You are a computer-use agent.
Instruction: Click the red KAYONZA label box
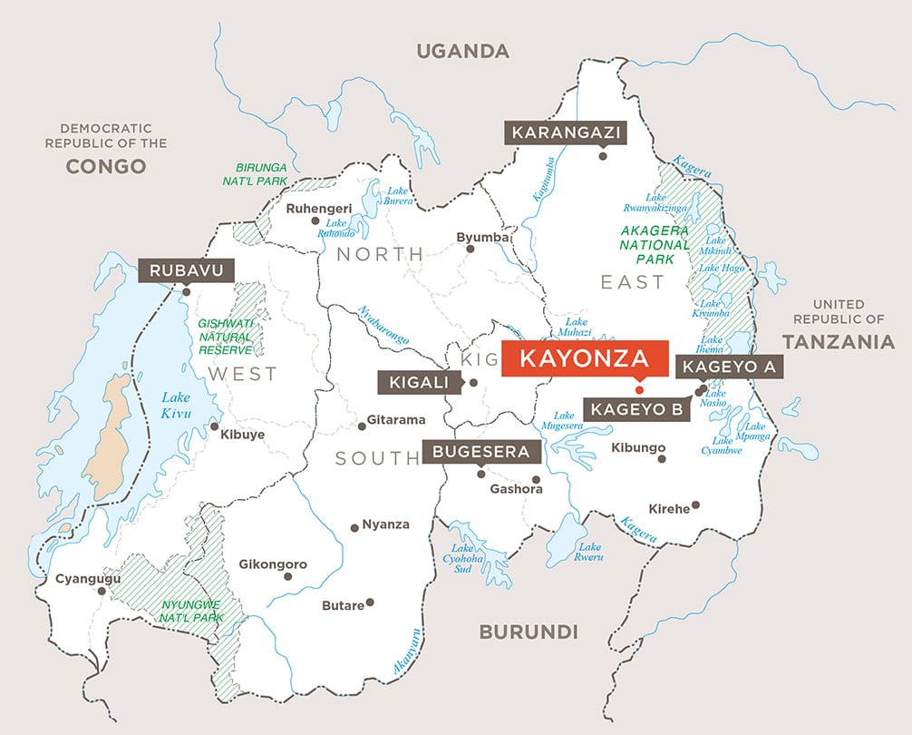(585, 358)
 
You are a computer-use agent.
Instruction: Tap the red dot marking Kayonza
(639, 388)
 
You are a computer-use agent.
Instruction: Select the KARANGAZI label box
(566, 133)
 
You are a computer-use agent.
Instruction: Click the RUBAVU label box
(186, 270)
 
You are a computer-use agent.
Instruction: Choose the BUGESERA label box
(480, 452)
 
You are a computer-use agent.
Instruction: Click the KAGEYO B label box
(636, 409)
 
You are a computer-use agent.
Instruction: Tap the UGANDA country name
(462, 51)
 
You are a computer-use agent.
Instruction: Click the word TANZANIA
(839, 342)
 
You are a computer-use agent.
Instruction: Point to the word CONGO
(106, 166)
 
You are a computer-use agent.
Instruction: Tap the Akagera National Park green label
(655, 245)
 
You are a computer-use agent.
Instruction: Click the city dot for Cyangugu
(102, 591)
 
